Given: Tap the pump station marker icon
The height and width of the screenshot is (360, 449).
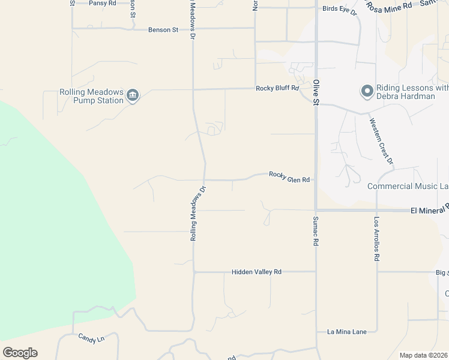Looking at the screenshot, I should [x=133, y=95].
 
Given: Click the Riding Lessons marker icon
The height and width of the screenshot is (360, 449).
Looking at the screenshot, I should [x=367, y=91].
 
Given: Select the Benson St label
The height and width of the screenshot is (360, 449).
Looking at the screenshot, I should [x=163, y=29].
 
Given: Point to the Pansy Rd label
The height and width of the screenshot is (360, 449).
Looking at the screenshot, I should [x=102, y=3].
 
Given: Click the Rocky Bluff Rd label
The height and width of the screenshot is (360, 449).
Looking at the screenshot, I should [x=277, y=88].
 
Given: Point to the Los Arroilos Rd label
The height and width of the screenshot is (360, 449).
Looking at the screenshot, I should [x=377, y=239].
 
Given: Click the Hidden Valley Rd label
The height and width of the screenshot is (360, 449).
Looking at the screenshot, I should [x=256, y=272].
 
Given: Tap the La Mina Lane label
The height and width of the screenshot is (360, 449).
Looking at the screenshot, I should [x=346, y=332].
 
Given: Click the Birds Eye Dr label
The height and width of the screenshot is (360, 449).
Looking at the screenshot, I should [x=339, y=9].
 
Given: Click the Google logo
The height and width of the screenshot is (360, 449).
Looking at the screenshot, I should [x=20, y=353].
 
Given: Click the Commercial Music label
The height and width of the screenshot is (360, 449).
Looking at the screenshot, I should [x=408, y=187].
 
